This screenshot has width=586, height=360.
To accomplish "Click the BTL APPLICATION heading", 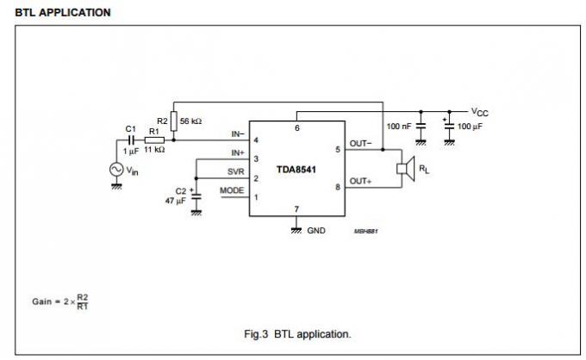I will pos(63,12).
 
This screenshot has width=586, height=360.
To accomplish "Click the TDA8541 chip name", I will pos(296,170).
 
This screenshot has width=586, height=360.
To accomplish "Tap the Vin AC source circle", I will pos(115,170).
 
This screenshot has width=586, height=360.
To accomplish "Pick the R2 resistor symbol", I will pos(174,120).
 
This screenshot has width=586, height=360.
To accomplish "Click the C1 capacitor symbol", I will pos(131,139).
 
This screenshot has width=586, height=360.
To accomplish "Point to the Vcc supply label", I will pos(480,112).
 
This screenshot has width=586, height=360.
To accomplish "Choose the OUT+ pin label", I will pos(361,181).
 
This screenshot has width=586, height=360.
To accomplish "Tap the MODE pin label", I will pos(232,190).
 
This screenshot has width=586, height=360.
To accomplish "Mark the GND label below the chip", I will pos(316,232).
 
